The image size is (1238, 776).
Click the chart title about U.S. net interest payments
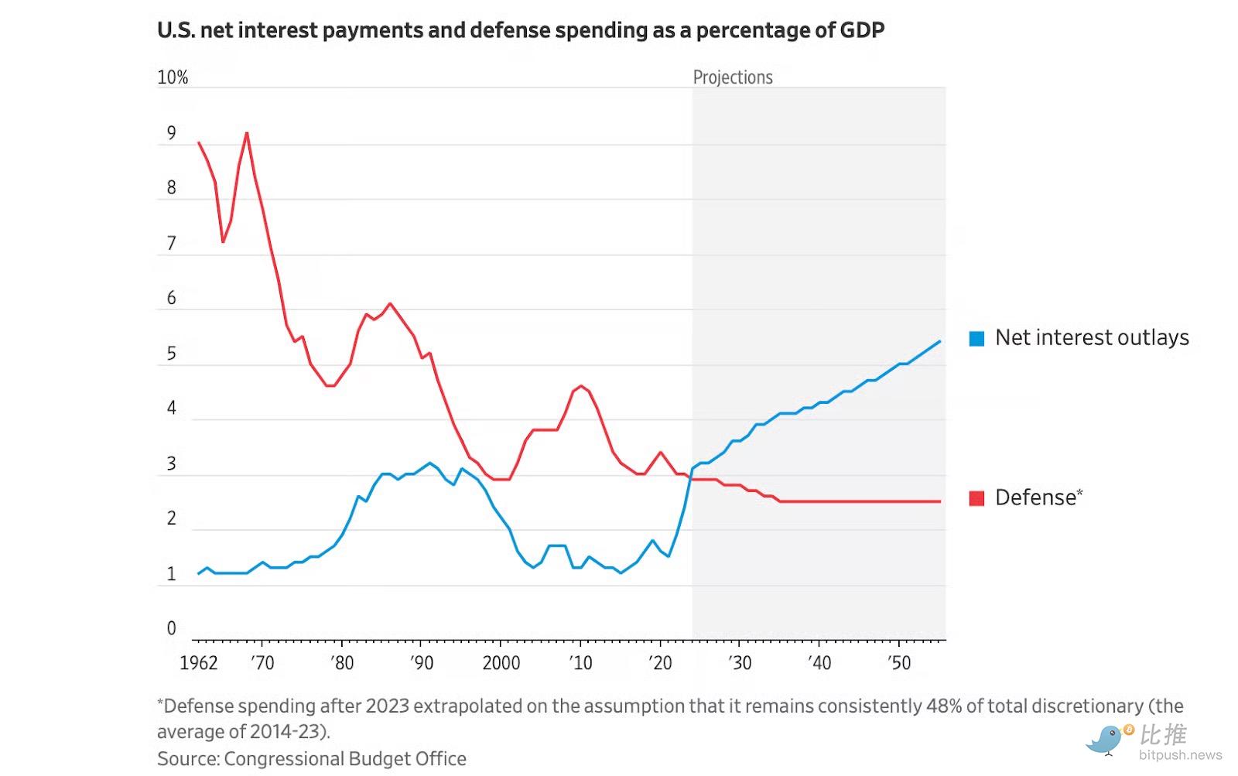520,30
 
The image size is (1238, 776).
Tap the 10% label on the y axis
173,77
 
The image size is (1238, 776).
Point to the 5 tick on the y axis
172,354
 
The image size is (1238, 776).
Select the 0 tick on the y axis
172,628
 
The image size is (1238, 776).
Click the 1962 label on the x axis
199,663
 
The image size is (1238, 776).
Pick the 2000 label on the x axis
501,663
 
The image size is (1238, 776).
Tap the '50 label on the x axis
899,663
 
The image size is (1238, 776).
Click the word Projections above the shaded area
733,77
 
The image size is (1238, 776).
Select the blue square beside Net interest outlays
977,338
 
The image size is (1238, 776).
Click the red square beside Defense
977,498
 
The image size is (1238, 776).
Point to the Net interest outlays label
1092,337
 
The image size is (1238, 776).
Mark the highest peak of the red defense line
247,133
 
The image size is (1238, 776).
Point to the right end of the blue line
940,341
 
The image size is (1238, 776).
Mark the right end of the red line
940,501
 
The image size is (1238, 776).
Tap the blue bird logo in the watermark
1106,739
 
